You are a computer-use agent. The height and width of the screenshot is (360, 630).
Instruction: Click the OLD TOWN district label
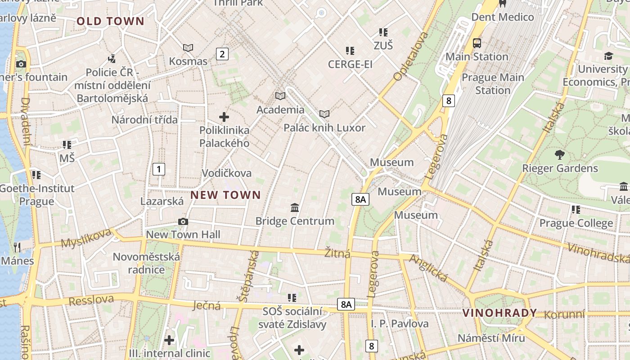110,21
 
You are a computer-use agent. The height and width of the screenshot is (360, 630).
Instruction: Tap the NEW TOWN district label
225,195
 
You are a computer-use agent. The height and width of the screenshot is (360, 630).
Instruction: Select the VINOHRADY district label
499,313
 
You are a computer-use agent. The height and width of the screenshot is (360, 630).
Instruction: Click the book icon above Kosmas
188,48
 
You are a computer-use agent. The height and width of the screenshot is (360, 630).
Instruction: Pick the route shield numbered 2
222,54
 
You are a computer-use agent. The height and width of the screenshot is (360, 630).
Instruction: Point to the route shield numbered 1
158,169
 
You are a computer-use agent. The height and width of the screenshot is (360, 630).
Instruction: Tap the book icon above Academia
280,96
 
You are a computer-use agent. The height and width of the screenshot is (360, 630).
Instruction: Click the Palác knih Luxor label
324,128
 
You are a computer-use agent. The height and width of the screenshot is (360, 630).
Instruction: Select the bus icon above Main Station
477,43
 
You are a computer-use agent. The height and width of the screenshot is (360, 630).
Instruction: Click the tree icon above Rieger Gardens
560,155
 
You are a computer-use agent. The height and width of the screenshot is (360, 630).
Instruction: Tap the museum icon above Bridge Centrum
295,207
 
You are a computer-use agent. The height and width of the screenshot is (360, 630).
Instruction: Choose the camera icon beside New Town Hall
183,221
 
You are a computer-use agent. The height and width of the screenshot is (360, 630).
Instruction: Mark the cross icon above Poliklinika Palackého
224,117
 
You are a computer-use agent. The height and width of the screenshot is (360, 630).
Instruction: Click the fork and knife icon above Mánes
17,247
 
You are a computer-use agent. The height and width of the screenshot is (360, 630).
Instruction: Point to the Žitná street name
337,253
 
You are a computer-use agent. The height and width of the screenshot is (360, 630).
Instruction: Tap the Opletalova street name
411,57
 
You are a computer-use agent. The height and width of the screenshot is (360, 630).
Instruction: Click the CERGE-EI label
350,64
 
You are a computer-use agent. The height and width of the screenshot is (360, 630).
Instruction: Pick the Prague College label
576,223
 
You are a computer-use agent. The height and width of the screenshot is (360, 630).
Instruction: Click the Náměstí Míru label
491,338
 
